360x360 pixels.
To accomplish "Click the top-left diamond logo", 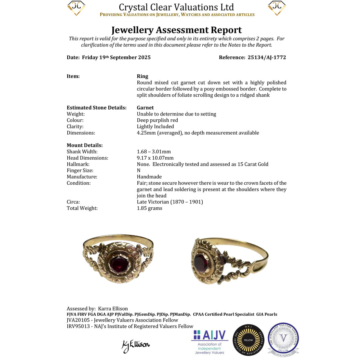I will point(76,8).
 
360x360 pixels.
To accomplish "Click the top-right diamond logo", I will point(277,8).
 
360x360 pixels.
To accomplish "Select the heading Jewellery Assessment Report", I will point(176,30).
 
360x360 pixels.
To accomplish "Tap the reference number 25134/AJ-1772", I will point(267,58).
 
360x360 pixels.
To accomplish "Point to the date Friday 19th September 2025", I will point(116,58).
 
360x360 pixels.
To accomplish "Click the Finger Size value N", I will point(139,171).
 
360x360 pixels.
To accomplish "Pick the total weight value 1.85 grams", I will point(149,208).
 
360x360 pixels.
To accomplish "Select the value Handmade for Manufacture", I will point(149,177).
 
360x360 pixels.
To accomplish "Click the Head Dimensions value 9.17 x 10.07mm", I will point(155,158).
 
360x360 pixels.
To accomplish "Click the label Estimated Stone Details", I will point(97,108).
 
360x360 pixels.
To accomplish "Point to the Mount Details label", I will point(85,146).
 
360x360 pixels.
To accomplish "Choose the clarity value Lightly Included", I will point(155,127).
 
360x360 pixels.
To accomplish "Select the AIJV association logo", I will point(210,342).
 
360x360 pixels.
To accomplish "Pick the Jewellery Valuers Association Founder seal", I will point(283,339).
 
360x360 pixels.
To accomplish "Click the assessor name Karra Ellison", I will point(113,308).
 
